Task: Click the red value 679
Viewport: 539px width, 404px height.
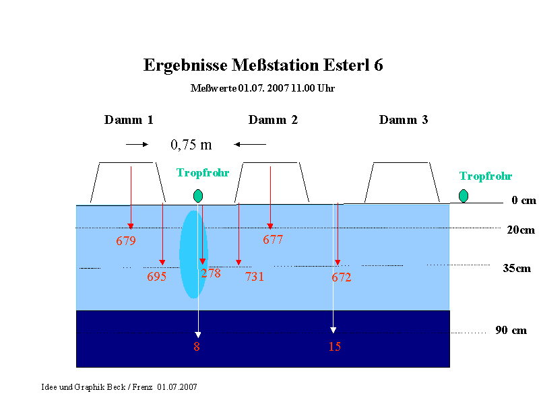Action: (126, 240)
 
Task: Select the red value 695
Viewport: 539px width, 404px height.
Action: (157, 277)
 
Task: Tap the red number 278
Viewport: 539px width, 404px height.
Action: (211, 273)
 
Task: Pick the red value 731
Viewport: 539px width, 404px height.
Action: (255, 277)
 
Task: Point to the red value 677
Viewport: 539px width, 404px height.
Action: (273, 240)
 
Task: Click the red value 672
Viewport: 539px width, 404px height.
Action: (342, 277)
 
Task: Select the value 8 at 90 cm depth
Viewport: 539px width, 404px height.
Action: (197, 347)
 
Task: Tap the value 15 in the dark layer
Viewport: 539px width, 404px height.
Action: (334, 346)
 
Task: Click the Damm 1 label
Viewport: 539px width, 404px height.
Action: (129, 120)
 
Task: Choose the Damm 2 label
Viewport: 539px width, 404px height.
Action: (273, 120)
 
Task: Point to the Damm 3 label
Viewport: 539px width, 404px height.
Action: (404, 120)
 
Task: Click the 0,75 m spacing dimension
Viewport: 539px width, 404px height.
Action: (191, 145)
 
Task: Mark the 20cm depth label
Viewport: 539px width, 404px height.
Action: (521, 230)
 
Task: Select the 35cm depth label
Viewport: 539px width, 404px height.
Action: (517, 268)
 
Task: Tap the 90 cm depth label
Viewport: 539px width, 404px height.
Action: (511, 330)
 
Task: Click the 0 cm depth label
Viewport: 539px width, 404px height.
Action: (524, 200)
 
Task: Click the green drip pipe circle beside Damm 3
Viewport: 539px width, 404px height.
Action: (464, 196)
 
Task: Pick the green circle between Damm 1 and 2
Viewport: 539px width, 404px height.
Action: (198, 196)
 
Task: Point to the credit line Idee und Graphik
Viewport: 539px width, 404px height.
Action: (119, 387)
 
